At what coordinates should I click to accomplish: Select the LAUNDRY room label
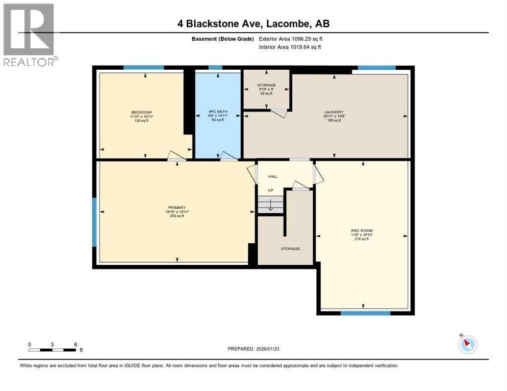point(334,112)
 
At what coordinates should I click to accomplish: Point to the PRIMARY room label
point(177,208)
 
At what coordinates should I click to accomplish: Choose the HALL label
point(273,177)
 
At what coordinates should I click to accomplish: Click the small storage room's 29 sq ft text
point(266,94)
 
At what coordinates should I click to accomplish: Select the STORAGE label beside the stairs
point(290,248)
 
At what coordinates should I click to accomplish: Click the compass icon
point(467,345)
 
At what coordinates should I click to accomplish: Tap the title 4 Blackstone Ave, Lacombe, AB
point(253,24)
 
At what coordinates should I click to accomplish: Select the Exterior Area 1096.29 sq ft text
point(290,39)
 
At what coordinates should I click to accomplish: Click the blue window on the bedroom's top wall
point(144,67)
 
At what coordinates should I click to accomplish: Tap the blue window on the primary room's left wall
point(94,221)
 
